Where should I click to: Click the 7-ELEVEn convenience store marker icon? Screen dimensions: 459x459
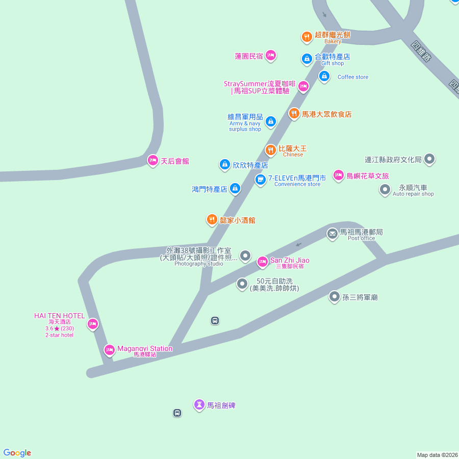click(260, 180)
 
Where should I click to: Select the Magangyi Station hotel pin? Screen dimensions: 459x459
click(109, 350)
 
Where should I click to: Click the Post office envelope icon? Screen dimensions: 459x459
click(333, 234)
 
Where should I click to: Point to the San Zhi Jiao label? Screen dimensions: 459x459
click(290, 260)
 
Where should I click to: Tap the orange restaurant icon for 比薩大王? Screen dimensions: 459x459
click(271, 150)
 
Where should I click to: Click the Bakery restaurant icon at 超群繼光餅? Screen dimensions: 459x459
click(307, 36)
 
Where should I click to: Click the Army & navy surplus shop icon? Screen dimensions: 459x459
click(271, 121)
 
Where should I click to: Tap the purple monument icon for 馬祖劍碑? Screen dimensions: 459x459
click(199, 405)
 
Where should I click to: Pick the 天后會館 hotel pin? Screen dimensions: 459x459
click(152, 161)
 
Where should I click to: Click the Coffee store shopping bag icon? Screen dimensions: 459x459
click(324, 76)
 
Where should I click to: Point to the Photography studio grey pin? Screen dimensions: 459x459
click(245, 255)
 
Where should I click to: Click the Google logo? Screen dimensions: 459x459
click(17, 453)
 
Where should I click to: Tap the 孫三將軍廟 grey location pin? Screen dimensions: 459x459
click(334, 296)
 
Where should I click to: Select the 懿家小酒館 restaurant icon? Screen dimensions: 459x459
click(212, 220)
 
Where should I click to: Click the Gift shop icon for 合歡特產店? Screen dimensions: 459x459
click(307, 60)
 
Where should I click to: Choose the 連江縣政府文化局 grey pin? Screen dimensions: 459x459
click(429, 159)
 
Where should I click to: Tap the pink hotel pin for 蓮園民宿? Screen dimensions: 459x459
click(271, 56)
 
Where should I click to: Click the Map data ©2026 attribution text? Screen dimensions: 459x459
click(437, 455)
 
